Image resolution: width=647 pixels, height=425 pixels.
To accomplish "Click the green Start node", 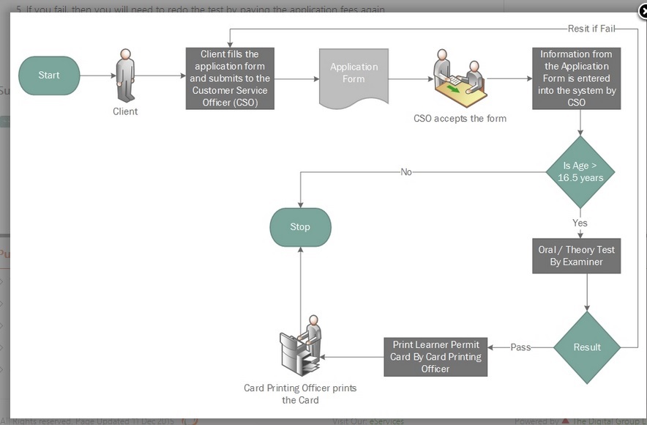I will point(49,75).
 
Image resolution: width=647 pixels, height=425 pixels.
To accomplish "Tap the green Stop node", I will point(300,227).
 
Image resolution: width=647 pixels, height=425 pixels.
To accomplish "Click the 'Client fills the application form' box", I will point(230,79).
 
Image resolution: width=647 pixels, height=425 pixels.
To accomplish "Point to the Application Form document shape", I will point(354,76).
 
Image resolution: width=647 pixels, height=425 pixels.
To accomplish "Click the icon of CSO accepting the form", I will point(460,79).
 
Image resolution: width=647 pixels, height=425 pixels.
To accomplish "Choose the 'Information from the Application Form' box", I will point(576,78).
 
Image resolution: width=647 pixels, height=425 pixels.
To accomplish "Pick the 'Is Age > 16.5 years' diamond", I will point(580,172).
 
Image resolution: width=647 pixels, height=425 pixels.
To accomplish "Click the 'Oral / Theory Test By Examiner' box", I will point(576,256).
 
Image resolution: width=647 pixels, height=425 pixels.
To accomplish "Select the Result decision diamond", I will point(587,347).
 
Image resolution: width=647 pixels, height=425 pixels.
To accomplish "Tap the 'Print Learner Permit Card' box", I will point(435,357).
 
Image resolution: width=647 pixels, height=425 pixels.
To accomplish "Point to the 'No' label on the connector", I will point(406,172).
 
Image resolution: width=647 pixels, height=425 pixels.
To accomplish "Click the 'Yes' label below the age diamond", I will point(580,223).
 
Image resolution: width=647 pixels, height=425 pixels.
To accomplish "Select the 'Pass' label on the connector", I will point(520,347).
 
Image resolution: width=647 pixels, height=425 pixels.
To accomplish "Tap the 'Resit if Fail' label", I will point(591,29).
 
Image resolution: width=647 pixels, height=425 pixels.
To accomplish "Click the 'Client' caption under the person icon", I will point(125,111).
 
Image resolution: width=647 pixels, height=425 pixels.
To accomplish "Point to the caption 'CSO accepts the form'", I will point(460,118).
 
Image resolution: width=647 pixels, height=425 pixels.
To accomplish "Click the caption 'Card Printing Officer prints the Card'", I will point(300,393).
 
